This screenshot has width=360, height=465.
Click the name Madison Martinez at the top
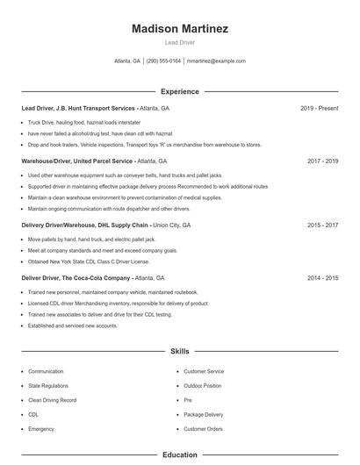coord(180,29)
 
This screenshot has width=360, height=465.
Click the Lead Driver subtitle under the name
coord(180,42)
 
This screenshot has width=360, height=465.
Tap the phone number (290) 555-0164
coord(164,61)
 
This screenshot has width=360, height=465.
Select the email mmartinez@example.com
coord(217,61)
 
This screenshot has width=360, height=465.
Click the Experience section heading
coord(180,91)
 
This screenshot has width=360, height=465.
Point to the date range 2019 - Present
coord(319,108)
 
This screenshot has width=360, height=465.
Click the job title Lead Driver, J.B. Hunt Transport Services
coord(79,108)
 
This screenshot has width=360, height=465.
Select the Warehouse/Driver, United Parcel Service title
coord(77,161)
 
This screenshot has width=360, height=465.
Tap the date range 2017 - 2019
coord(322,161)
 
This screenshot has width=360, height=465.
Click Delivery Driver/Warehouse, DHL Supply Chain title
coord(85,225)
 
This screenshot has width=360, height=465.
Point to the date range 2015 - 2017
coord(322,225)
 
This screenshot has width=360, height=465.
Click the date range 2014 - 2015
coord(322,277)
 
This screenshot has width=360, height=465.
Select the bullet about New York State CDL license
coord(89,261)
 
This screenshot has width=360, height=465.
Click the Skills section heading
coord(180,351)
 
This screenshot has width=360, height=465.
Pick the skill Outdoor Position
coord(203,386)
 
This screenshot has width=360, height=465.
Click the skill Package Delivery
coord(204,414)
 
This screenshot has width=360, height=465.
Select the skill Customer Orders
coord(203,429)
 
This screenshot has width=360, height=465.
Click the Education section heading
coord(180,455)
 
